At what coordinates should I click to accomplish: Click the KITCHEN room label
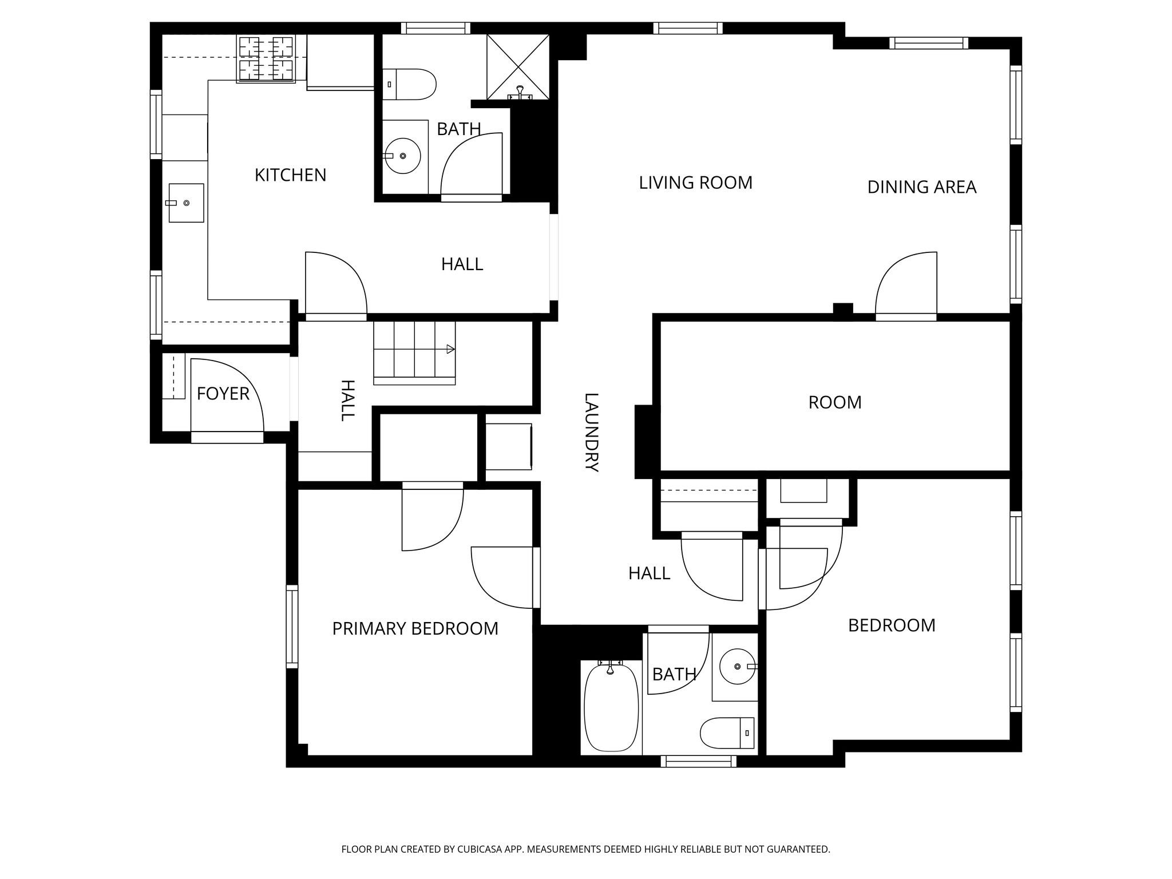(290, 175)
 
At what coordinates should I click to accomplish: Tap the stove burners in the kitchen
(266, 58)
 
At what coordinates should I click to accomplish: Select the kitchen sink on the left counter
(186, 203)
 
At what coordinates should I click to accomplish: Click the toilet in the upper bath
(409, 84)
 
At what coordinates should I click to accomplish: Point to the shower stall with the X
(518, 67)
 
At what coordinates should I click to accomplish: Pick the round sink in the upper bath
(403, 156)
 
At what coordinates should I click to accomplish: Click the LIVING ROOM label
(695, 183)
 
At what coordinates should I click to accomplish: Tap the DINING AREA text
(921, 187)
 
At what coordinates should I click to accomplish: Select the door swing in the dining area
(906, 283)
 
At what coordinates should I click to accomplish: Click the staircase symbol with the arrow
(414, 353)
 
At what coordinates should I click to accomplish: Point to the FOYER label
(223, 394)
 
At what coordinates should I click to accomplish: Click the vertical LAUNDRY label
(591, 432)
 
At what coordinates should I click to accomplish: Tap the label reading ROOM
(835, 403)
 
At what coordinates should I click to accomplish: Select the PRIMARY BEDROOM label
(415, 629)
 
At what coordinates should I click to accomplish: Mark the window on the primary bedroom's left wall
(292, 627)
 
